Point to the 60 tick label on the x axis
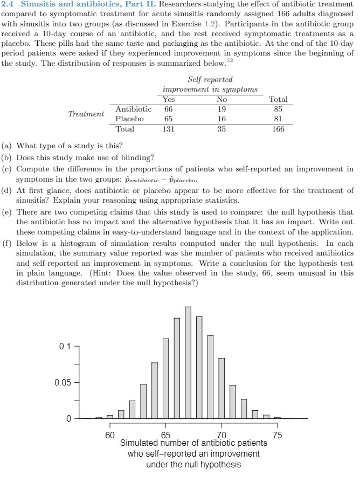pyautogui.click(x=110, y=435)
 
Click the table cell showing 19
pyautogui.click(x=221, y=109)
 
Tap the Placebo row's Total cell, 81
pyautogui.click(x=278, y=119)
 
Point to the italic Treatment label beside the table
pyautogui.click(x=86, y=114)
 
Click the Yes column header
pyautogui.click(x=169, y=99)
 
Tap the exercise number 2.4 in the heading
pyautogui.click(x=8, y=5)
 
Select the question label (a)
pyautogui.click(x=8, y=146)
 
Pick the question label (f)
pyautogui.click(x=8, y=243)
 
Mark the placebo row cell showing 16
pyautogui.click(x=221, y=119)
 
